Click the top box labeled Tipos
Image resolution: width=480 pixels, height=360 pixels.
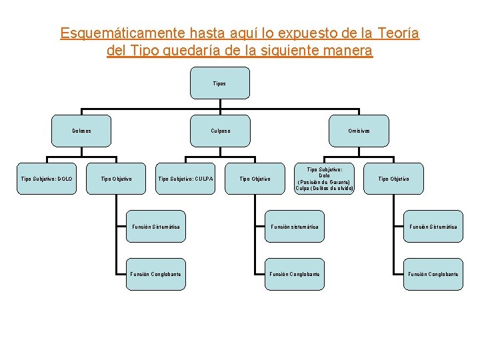[219, 83]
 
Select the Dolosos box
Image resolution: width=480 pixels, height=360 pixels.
[81, 131]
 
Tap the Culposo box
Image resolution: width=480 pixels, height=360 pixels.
[219, 131]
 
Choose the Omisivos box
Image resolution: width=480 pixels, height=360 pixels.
[359, 131]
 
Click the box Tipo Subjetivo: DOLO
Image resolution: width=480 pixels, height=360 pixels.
[47, 178]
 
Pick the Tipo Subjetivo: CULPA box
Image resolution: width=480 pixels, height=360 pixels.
[185, 178]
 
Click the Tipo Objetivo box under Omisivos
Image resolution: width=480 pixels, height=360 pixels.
[393, 178]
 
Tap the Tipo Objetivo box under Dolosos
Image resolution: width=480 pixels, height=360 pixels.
[116, 178]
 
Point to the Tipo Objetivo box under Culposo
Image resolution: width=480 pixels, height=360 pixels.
[255, 178]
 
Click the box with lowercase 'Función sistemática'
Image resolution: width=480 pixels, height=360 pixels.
[295, 227]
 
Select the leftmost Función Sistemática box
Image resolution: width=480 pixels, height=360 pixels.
[155, 227]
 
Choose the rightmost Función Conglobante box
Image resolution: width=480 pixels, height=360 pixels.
[433, 274]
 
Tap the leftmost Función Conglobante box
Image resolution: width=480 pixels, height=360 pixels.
[155, 274]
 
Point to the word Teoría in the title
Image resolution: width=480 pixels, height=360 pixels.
[398, 33]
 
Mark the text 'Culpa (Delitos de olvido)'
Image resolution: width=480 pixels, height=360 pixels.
[324, 188]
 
